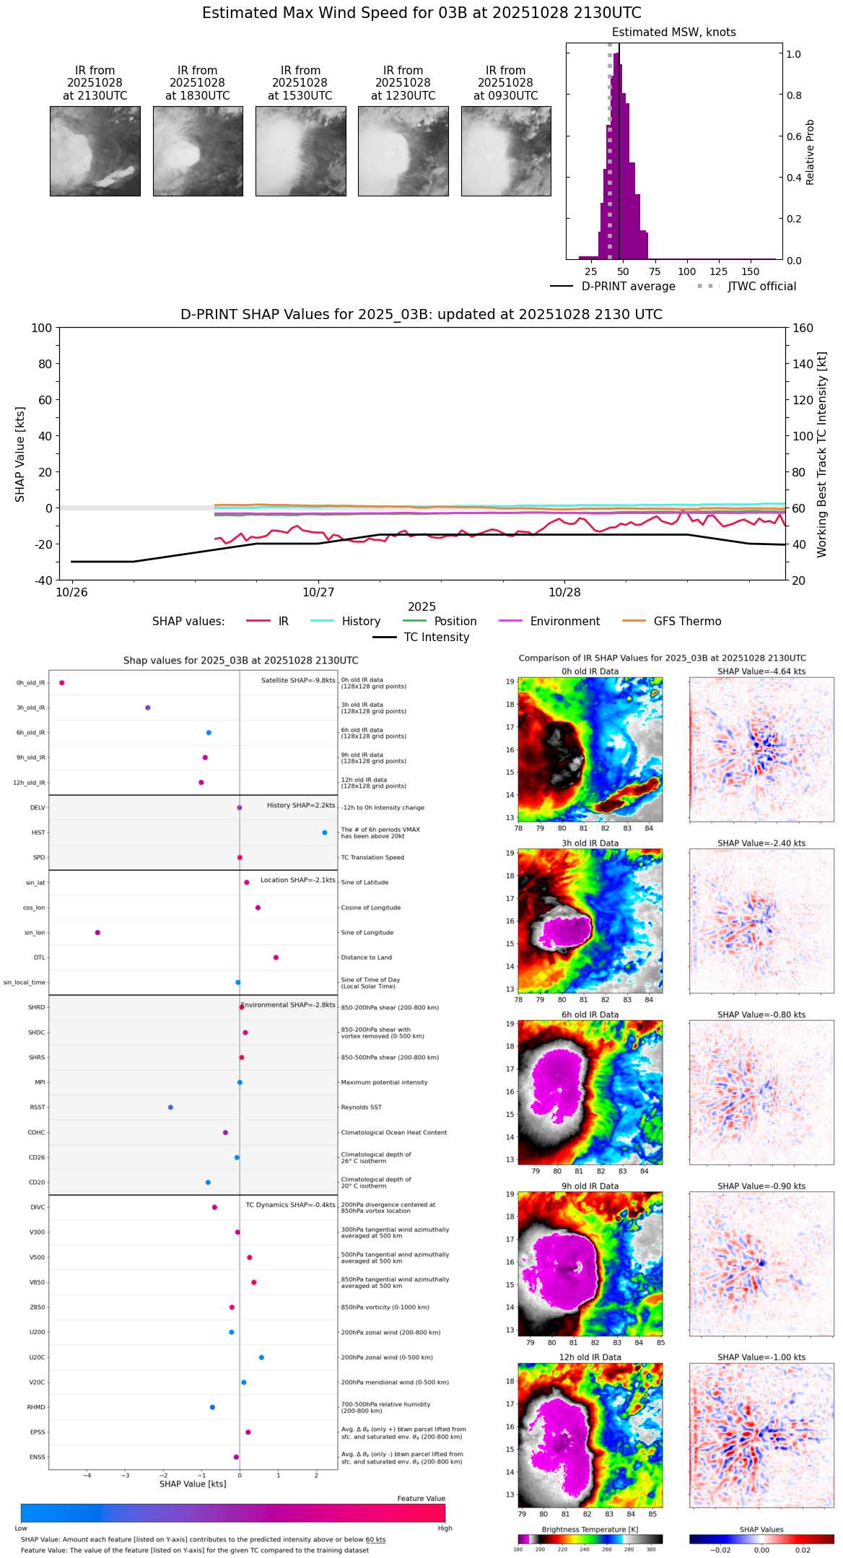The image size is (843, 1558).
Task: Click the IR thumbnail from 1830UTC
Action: pyautogui.click(x=197, y=151)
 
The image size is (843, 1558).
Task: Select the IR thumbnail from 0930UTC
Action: pyautogui.click(x=505, y=151)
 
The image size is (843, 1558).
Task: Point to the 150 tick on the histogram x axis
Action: pyautogui.click(x=751, y=271)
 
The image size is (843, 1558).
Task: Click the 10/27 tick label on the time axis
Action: pyautogui.click(x=318, y=593)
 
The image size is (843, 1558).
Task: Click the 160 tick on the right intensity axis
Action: pyautogui.click(x=803, y=328)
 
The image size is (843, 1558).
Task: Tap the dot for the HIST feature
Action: pyautogui.click(x=324, y=832)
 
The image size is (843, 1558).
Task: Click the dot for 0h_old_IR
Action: pyautogui.click(x=62, y=682)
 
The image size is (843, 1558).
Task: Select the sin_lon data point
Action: pyautogui.click(x=97, y=932)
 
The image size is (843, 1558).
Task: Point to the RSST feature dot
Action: pyautogui.click(x=170, y=1107)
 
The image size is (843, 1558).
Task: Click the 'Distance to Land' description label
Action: pyautogui.click(x=366, y=957)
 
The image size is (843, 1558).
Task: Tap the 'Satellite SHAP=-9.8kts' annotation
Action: pyautogui.click(x=298, y=680)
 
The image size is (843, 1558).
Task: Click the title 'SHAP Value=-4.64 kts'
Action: pyautogui.click(x=761, y=671)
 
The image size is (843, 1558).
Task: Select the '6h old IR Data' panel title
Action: pyautogui.click(x=590, y=1014)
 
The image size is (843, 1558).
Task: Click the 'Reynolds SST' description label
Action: pyautogui.click(x=361, y=1107)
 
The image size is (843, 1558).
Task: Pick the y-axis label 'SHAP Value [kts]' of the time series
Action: pyautogui.click(x=20, y=454)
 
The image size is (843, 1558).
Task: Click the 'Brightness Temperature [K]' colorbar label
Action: pyautogui.click(x=590, y=1529)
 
